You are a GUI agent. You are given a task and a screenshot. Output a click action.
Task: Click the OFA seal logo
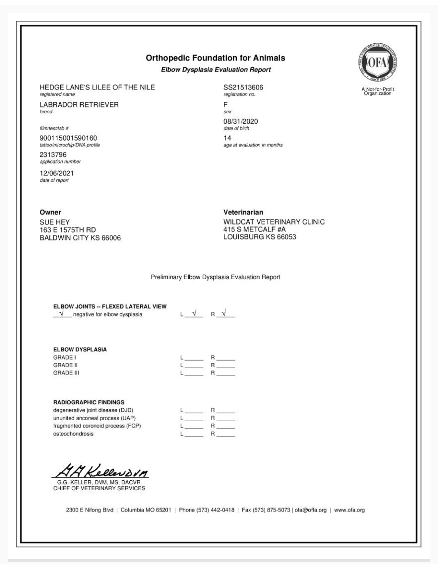click(377, 62)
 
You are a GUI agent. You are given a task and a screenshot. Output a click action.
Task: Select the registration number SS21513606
click(243, 87)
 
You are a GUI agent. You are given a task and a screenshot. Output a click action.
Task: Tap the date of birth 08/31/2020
click(240, 121)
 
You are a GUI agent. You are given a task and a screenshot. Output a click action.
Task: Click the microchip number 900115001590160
click(68, 138)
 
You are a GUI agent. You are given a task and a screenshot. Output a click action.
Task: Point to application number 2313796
click(53, 155)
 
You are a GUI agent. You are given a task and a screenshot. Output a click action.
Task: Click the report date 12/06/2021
click(57, 173)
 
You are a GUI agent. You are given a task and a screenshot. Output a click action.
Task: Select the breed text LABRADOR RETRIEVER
click(79, 105)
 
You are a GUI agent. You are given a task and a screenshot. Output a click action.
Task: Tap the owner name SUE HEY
click(55, 222)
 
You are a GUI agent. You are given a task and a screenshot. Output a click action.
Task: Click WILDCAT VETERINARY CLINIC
click(274, 222)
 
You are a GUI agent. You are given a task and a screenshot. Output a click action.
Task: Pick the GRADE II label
click(65, 365)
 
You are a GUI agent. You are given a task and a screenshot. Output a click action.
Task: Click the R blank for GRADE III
click(225, 373)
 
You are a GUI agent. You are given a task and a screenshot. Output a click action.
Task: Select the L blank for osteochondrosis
click(194, 434)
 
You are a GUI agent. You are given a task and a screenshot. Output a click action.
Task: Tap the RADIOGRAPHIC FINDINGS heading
click(89, 402)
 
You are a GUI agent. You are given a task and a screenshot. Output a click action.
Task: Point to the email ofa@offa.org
click(310, 510)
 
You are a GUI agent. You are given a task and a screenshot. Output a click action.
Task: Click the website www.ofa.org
click(349, 510)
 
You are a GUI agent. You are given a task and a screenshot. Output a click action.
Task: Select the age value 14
click(227, 138)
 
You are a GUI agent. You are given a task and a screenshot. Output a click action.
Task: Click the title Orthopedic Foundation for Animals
click(215, 58)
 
